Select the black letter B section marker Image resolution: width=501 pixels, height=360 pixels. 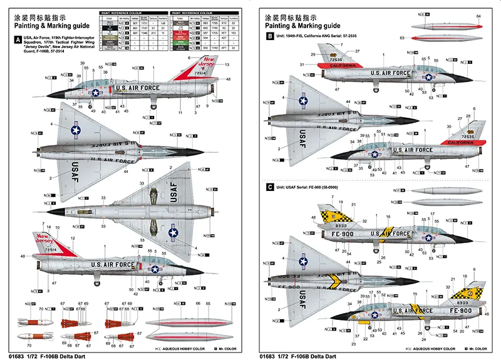point(269,38)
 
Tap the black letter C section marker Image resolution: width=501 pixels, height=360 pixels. point(269,187)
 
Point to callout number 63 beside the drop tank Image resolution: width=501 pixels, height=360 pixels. point(403,38)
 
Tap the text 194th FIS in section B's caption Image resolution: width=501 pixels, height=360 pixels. point(299,38)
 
